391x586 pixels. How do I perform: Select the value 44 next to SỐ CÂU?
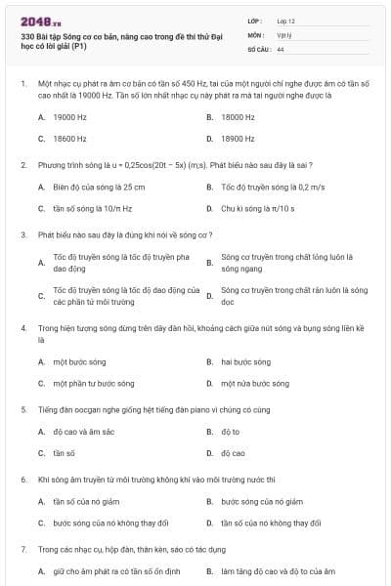(x=281, y=48)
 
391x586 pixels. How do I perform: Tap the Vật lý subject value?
(x=284, y=34)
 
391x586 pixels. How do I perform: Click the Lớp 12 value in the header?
(x=286, y=21)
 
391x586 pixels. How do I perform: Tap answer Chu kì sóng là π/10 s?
(x=259, y=208)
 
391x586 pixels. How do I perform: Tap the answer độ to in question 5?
(x=230, y=431)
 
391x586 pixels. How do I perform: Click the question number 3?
(x=23, y=234)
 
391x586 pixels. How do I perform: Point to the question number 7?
(x=23, y=549)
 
